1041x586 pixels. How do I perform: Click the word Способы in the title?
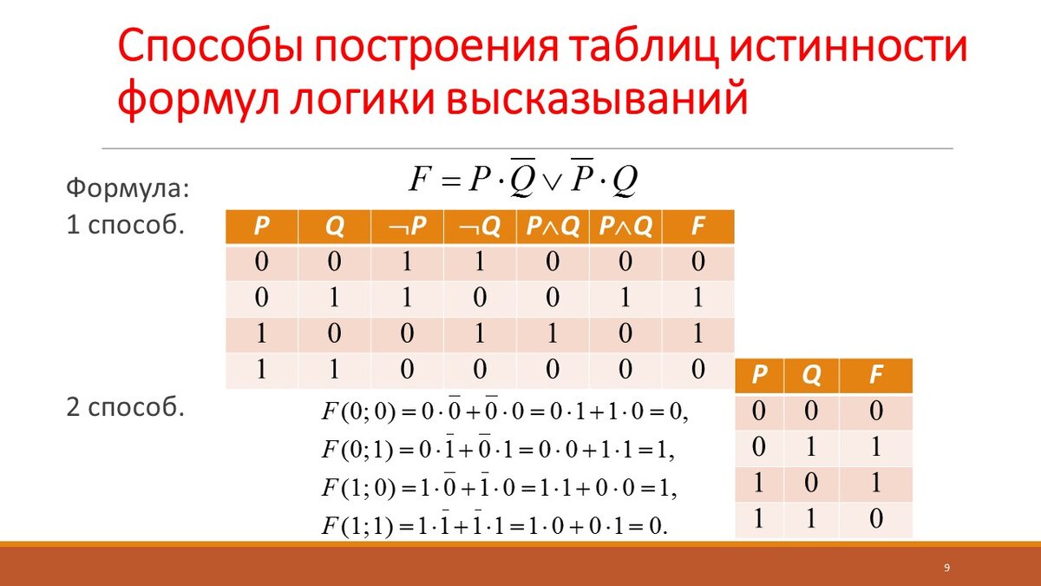click(211, 47)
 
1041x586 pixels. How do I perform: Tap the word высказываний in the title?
click(597, 99)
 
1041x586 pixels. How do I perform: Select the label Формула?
click(128, 189)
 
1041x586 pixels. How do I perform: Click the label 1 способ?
click(126, 225)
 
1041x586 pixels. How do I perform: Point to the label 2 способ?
click(126, 407)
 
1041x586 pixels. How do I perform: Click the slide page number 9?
click(946, 568)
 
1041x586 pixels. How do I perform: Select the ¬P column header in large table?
click(407, 227)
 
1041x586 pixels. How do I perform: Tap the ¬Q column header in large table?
click(480, 227)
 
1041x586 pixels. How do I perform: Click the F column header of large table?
click(698, 227)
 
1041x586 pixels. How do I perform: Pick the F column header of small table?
click(875, 375)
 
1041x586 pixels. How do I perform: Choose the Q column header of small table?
click(811, 375)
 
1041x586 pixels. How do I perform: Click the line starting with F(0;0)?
click(504, 411)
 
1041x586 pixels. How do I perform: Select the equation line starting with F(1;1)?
click(494, 525)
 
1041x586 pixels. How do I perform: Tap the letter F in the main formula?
click(419, 179)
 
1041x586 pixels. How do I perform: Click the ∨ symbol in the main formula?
click(553, 181)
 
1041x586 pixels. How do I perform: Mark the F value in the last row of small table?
click(876, 518)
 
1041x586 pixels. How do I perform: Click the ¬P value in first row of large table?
click(407, 261)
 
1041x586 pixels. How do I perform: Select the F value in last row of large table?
click(698, 369)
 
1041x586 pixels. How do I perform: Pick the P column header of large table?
click(262, 227)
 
